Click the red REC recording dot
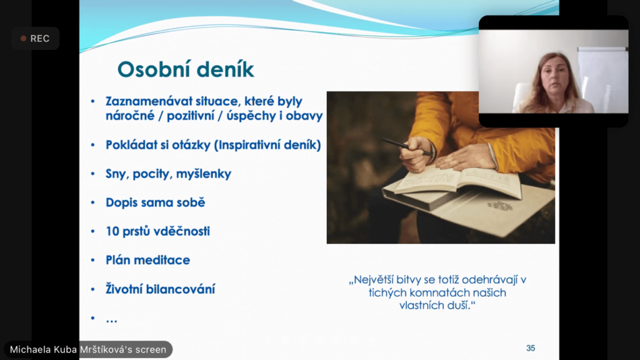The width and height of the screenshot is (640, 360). (23, 38)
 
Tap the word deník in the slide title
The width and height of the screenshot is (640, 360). (223, 69)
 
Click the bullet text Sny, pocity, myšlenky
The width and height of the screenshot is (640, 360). (168, 174)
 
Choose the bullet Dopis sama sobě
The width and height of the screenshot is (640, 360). (155, 202)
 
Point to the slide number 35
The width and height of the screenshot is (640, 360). (531, 348)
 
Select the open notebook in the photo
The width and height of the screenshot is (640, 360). (457, 182)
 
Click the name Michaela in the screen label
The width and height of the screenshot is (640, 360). (27, 350)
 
